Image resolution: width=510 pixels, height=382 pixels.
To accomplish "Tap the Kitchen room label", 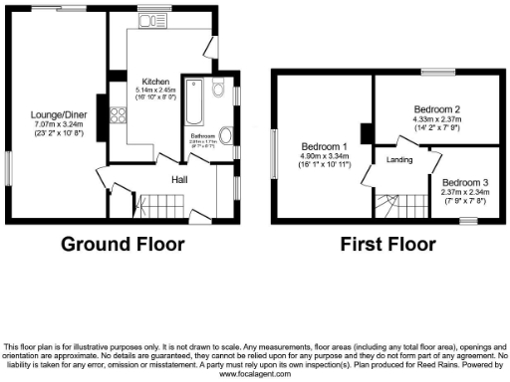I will pyautogui.click(x=154, y=82).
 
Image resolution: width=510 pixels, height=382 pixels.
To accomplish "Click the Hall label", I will pyautogui.click(x=179, y=179).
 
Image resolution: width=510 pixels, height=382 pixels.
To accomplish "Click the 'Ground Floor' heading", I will pyautogui.click(x=124, y=244).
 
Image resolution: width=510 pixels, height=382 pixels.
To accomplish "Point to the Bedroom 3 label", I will pyautogui.click(x=466, y=183).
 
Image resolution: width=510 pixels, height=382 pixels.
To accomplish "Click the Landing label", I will pyautogui.click(x=398, y=161).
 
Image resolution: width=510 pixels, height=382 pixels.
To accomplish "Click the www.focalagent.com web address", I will pyautogui.click(x=255, y=376).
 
